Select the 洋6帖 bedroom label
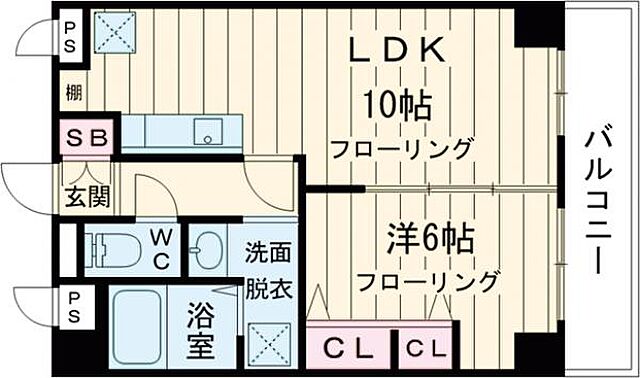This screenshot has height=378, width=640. pos(430,239)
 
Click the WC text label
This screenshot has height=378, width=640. pos(161,249)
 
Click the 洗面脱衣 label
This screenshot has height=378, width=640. pos(268,270)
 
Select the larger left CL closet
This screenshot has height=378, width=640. pos(350,349)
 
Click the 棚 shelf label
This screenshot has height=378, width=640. pos(75,93)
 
